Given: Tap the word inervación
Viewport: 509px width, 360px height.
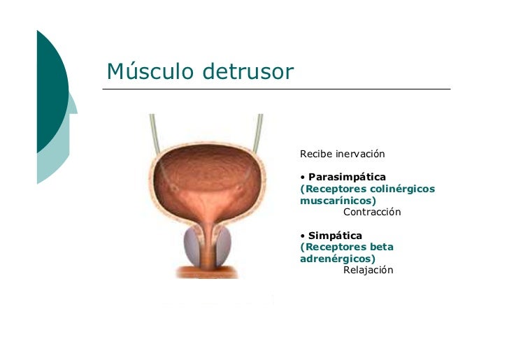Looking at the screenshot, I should (360, 154).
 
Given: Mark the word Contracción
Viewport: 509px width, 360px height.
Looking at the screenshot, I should (371, 212).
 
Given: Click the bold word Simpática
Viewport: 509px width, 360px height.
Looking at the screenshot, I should (335, 236).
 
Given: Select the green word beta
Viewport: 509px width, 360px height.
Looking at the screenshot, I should (381, 247).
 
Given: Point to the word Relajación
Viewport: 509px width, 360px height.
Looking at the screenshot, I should (368, 270).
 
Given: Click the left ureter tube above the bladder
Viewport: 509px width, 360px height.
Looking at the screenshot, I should (152, 129).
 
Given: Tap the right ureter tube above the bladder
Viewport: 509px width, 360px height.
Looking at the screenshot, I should (259, 129).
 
